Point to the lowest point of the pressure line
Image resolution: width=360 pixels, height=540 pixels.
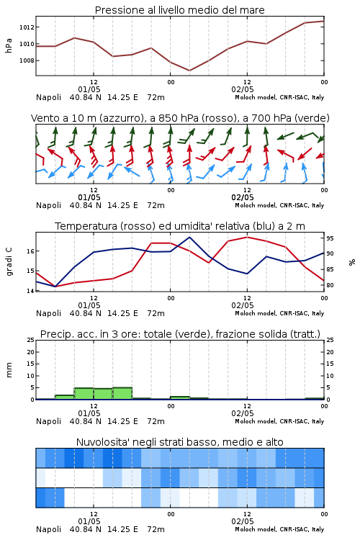(x=189, y=71)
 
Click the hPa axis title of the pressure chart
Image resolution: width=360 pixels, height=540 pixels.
(x=9, y=45)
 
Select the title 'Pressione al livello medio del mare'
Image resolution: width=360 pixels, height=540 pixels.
(x=179, y=10)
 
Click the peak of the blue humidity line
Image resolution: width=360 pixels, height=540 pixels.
(x=189, y=237)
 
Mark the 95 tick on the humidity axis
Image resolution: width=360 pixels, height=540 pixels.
(x=330, y=238)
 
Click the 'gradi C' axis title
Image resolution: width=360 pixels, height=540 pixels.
(x=9, y=261)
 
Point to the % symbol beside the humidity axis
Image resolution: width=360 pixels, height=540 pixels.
(x=352, y=262)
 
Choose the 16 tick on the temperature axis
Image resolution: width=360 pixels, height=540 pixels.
(x=30, y=251)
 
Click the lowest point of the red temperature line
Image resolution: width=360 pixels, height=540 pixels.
(x=55, y=287)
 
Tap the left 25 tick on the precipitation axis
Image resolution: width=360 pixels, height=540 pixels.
(x=31, y=340)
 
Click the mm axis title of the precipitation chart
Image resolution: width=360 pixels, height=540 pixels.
(x=9, y=370)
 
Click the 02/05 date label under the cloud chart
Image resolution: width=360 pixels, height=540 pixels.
(x=243, y=521)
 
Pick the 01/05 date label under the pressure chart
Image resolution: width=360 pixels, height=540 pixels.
(x=89, y=89)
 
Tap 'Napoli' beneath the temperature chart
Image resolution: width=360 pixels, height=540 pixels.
(x=48, y=313)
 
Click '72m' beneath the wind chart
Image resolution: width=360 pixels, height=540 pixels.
(x=156, y=206)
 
